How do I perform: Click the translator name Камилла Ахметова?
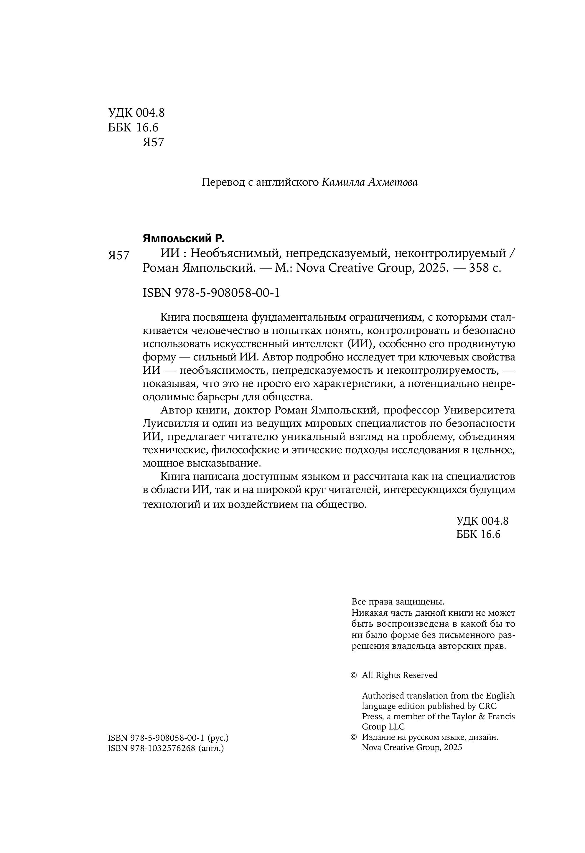370,182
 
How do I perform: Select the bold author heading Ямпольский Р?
183,239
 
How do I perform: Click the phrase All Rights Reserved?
400,675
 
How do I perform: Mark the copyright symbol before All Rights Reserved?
354,675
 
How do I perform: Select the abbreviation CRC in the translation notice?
487,706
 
